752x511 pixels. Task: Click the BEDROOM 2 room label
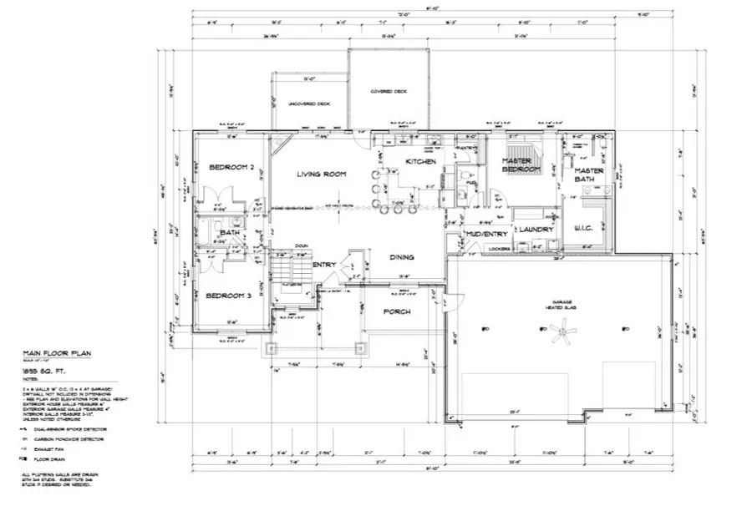tap(231, 167)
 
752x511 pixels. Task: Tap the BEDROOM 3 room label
tap(229, 296)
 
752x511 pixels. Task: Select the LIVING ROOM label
tap(322, 174)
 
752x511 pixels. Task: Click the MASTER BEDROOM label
tap(522, 164)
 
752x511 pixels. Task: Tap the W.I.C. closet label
tap(584, 226)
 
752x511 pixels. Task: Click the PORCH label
tap(396, 311)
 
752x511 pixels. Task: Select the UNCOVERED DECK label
tap(309, 104)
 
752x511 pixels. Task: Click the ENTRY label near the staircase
tap(323, 265)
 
